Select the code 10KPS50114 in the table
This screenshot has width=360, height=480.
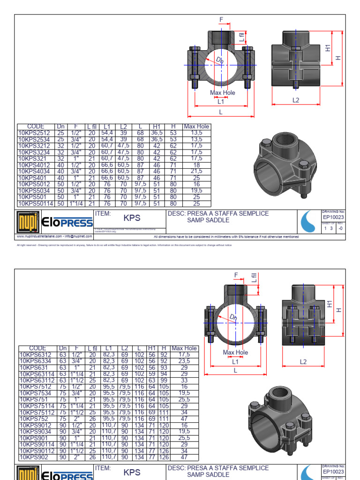click(36, 204)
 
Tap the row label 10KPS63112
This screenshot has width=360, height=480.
click(36, 381)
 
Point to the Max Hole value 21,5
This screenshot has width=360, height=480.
click(197, 172)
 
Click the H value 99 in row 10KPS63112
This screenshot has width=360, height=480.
click(163, 381)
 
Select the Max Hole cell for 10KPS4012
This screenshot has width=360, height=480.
click(197, 165)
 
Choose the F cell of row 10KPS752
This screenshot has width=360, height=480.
click(76, 419)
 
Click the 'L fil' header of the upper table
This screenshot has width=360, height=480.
click(92, 127)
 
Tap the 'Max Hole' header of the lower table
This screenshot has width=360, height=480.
click(184, 348)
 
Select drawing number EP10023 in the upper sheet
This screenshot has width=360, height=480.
click(333, 217)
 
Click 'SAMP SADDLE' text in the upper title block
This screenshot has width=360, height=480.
click(208, 220)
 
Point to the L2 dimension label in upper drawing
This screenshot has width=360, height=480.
click(296, 100)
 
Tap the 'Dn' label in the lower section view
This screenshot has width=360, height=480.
click(233, 318)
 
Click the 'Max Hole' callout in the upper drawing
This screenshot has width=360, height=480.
click(223, 93)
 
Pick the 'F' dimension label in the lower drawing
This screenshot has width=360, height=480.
click(236, 275)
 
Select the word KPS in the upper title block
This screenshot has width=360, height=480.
click(132, 218)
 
